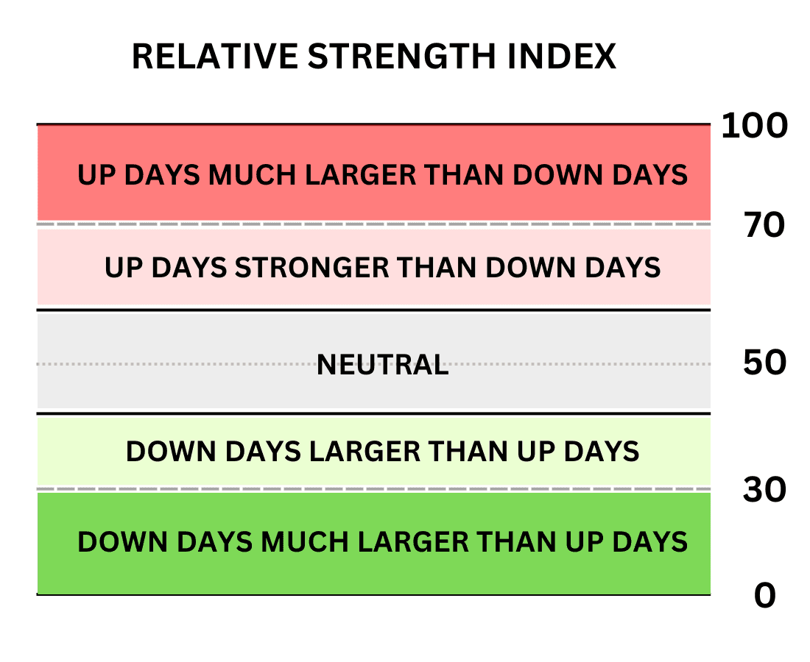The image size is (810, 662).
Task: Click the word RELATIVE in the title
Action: [215, 56]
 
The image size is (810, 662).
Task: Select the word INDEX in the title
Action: [562, 56]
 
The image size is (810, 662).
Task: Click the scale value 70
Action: [764, 226]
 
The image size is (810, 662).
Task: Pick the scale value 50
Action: [764, 362]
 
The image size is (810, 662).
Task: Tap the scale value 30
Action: [764, 490]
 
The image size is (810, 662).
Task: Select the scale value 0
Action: [765, 596]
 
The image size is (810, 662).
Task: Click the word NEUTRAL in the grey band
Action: [382, 365]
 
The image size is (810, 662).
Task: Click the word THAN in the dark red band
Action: [465, 175]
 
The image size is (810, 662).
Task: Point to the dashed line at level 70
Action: [374, 224]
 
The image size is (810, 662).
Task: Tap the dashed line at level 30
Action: [374, 488]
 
